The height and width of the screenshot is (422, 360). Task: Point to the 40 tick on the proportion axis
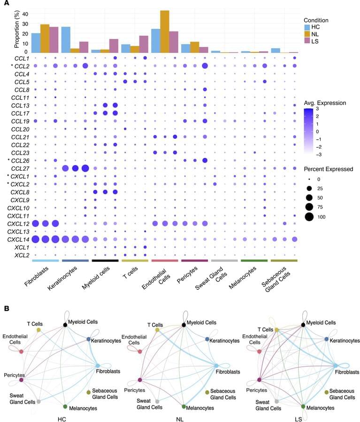point(25,14)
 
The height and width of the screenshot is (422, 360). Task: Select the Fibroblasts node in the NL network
point(216,365)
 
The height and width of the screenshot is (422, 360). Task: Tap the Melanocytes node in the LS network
point(304,406)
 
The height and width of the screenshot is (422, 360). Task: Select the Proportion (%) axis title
point(6,30)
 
